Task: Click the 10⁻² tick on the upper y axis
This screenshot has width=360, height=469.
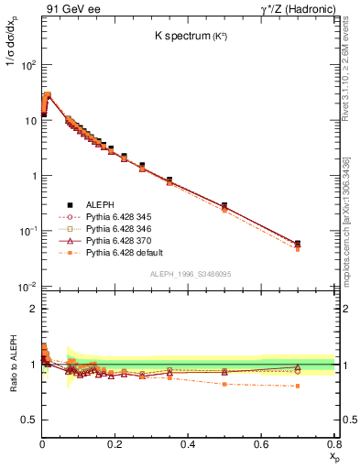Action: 28,287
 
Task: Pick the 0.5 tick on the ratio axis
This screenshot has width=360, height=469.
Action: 29,420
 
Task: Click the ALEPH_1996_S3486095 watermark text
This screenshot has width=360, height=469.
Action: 189,275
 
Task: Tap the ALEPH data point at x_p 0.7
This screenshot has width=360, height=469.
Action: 297,244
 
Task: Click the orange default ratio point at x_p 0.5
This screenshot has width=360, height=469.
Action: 224,385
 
